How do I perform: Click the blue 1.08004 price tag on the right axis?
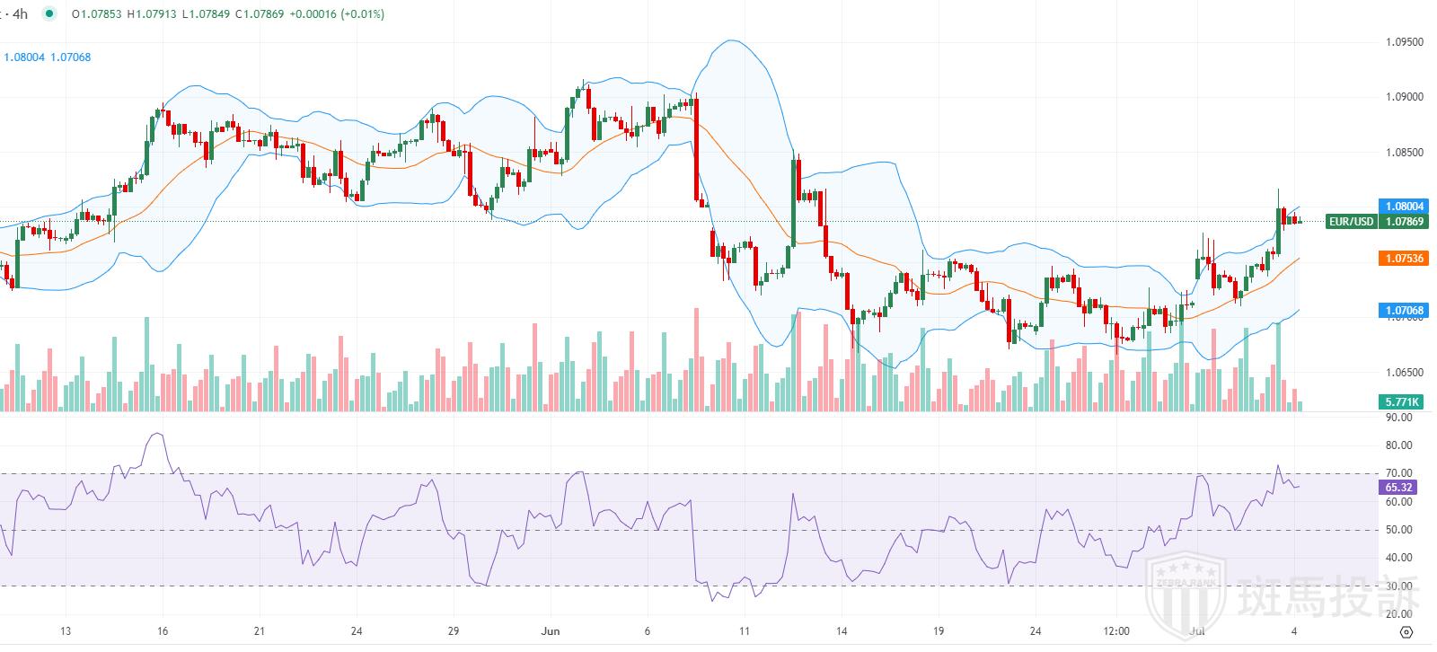point(1401,206)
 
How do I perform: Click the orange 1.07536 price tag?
point(1401,259)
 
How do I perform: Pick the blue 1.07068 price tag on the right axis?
point(1401,311)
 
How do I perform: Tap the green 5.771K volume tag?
point(1401,401)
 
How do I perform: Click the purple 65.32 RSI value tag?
point(1398,488)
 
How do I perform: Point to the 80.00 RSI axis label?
point(1397,445)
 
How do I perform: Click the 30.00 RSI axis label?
point(1397,586)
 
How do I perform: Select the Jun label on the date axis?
point(551,631)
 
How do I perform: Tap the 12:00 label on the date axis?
point(1115,631)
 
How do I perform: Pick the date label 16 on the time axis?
point(162,631)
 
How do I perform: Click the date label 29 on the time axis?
point(454,631)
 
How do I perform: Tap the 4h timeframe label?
point(17,14)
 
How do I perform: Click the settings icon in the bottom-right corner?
point(1407,631)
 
